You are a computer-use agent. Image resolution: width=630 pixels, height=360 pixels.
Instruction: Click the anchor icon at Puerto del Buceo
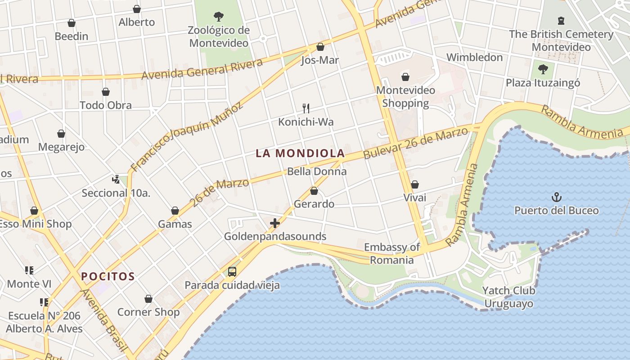click(557, 197)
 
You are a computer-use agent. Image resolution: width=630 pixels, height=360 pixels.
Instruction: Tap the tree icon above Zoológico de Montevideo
click(219, 17)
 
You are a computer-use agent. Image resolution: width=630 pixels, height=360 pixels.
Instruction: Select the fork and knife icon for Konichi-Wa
click(306, 108)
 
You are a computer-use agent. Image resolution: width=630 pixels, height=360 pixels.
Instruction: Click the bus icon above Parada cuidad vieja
click(232, 271)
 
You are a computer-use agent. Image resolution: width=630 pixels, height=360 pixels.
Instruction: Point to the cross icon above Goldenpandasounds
click(274, 223)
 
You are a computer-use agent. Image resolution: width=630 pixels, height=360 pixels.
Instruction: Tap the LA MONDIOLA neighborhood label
click(300, 153)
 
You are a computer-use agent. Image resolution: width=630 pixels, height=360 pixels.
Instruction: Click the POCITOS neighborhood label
click(108, 276)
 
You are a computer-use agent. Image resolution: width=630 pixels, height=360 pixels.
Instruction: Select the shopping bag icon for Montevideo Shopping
click(405, 77)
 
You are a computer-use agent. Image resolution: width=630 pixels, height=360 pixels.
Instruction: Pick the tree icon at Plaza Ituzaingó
click(543, 69)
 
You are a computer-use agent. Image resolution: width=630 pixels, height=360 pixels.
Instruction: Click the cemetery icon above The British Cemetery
click(561, 20)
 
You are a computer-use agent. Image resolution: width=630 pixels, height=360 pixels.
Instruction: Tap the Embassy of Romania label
click(391, 253)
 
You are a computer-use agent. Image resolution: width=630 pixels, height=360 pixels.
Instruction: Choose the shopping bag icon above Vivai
click(415, 184)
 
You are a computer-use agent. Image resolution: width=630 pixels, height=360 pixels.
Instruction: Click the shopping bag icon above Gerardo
click(314, 191)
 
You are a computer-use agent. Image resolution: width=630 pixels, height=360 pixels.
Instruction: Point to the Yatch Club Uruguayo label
click(508, 297)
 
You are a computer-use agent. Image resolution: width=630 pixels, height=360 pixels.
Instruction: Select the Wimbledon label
click(474, 57)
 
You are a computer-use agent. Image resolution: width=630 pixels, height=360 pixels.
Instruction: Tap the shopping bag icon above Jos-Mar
click(320, 47)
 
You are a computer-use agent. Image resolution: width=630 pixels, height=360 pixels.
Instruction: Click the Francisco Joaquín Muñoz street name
click(186, 137)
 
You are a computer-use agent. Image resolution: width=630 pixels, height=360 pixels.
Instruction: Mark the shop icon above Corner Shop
click(148, 299)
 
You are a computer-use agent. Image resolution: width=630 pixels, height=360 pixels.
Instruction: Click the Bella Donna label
click(317, 171)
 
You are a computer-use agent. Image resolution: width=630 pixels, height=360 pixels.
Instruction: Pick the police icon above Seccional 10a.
click(116, 180)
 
